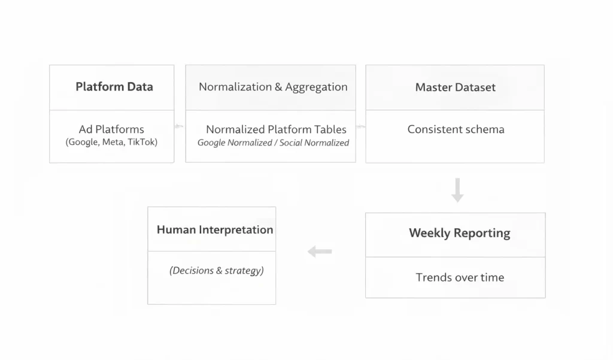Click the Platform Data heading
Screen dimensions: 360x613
(x=114, y=87)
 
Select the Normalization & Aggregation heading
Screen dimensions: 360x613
(x=273, y=87)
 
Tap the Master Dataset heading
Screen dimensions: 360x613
(x=455, y=87)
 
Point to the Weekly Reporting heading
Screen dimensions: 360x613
(x=459, y=233)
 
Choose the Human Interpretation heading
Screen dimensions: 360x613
(x=214, y=230)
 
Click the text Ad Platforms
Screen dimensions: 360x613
(x=111, y=129)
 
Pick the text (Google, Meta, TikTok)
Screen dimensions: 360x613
(x=111, y=143)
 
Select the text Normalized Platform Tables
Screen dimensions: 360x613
(x=276, y=129)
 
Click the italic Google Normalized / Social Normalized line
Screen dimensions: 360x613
(x=273, y=143)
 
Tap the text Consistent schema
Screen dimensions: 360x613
(x=456, y=129)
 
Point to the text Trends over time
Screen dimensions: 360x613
(x=460, y=277)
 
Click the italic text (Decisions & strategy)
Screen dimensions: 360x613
(x=216, y=271)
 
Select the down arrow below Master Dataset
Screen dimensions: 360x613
(x=457, y=190)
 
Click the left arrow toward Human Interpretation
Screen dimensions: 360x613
(x=320, y=252)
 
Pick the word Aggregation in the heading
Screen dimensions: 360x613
(x=316, y=87)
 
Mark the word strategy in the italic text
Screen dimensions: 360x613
(x=244, y=271)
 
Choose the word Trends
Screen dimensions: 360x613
(x=433, y=277)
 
